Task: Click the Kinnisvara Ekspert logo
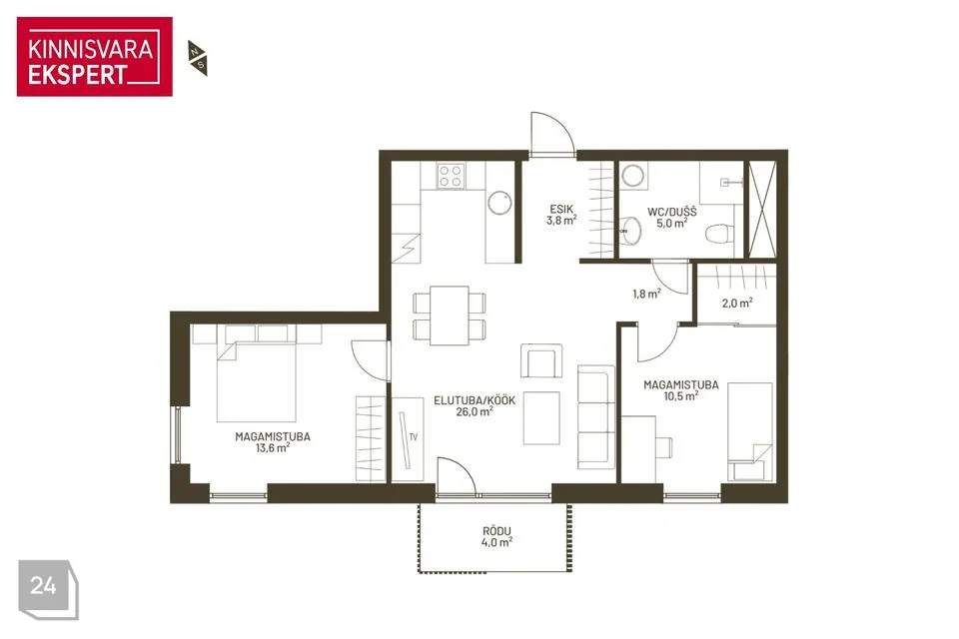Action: tap(94, 57)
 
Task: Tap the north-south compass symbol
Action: tap(198, 58)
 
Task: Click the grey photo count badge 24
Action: tap(48, 589)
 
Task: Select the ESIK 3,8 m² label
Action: tap(560, 216)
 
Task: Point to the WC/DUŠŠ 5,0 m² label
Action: tap(672, 218)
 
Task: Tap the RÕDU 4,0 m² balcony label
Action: tap(496, 537)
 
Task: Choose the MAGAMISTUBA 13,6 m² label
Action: tap(273, 442)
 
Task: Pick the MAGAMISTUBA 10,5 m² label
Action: tap(680, 390)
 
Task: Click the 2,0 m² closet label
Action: tap(737, 303)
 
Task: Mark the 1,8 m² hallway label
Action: tap(646, 295)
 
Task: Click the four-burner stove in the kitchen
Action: tap(451, 176)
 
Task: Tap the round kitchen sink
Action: tap(499, 203)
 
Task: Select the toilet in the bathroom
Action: tap(720, 233)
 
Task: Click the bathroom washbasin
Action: tap(630, 232)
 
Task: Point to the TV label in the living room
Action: tap(414, 437)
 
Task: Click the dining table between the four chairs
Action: tap(449, 316)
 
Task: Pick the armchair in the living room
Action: tap(541, 360)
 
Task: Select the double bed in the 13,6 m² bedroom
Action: tap(257, 382)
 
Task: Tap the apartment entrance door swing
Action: tap(552, 132)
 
